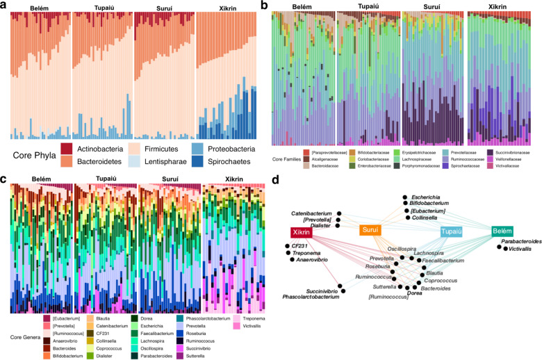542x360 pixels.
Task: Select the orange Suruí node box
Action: [372, 230]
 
